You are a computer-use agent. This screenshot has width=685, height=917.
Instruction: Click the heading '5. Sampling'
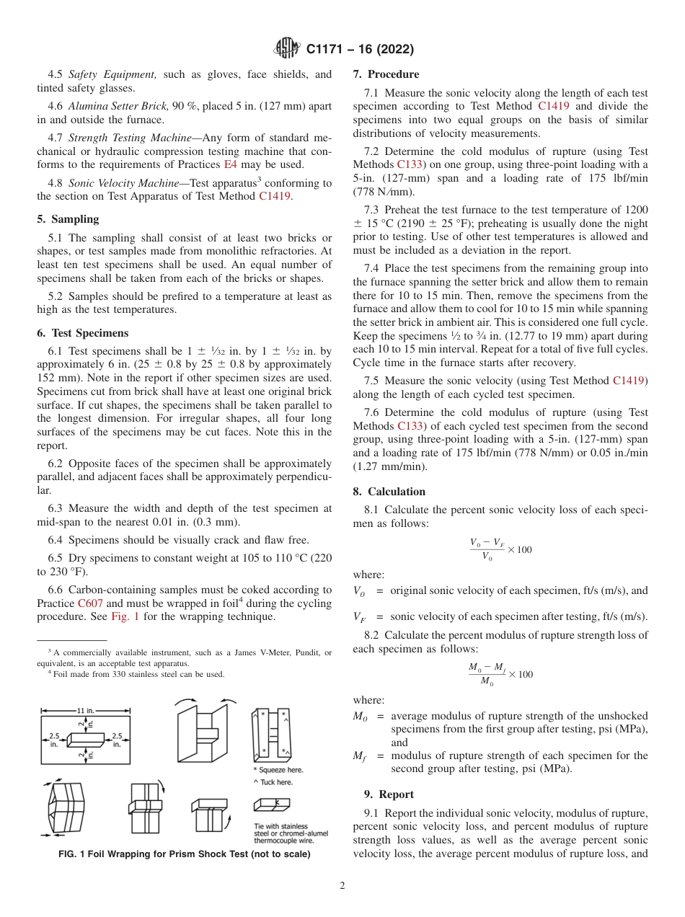coord(68,219)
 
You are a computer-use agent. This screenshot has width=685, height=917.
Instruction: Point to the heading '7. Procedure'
coord(386,74)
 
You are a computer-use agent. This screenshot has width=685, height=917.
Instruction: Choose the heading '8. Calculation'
coord(389,492)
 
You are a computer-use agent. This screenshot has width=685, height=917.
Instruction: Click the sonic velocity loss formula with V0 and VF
coord(500,549)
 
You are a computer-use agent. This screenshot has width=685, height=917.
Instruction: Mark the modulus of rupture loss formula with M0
coord(500,674)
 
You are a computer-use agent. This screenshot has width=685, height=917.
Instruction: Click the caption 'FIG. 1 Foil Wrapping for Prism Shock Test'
coord(184,854)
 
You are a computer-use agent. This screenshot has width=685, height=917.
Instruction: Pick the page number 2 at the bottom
coord(342,887)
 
